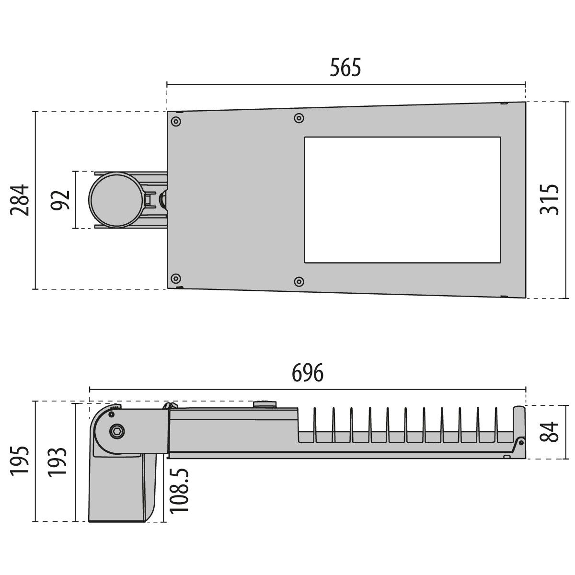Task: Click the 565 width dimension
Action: (345, 68)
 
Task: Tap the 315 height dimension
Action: (550, 199)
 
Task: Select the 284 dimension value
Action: (21, 200)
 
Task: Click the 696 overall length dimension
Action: (308, 373)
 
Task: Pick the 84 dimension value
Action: (550, 432)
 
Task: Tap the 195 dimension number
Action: (21, 461)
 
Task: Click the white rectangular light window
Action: (402, 200)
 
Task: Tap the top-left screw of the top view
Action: (176, 121)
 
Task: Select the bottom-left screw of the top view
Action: (176, 278)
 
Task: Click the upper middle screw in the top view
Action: (299, 118)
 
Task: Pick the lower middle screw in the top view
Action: (299, 281)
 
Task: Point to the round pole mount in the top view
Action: (115, 200)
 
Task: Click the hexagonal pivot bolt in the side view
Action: (116, 431)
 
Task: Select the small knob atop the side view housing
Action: (265, 404)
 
